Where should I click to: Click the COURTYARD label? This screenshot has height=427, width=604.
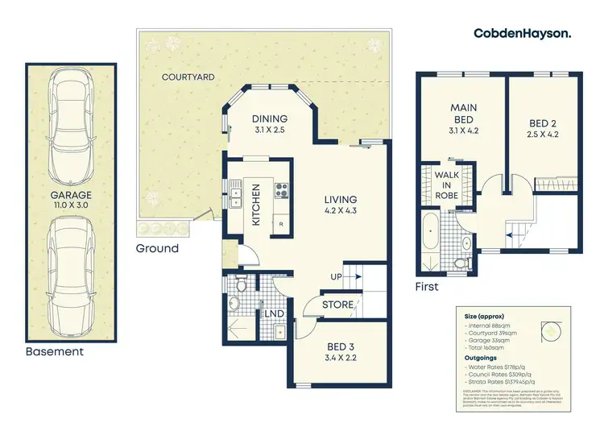point(187,77)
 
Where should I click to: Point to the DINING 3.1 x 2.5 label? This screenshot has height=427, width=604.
point(271,122)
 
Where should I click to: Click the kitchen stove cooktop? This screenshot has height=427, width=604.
point(283,191)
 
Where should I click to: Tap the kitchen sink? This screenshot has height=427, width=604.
point(235,193)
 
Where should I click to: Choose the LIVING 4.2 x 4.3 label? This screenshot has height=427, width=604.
point(340,205)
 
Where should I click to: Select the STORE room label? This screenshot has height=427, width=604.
point(337,305)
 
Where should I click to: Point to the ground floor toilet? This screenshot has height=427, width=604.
point(233,303)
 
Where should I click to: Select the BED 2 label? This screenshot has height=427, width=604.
point(544,128)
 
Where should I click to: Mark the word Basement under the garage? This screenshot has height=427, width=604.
point(54,352)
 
